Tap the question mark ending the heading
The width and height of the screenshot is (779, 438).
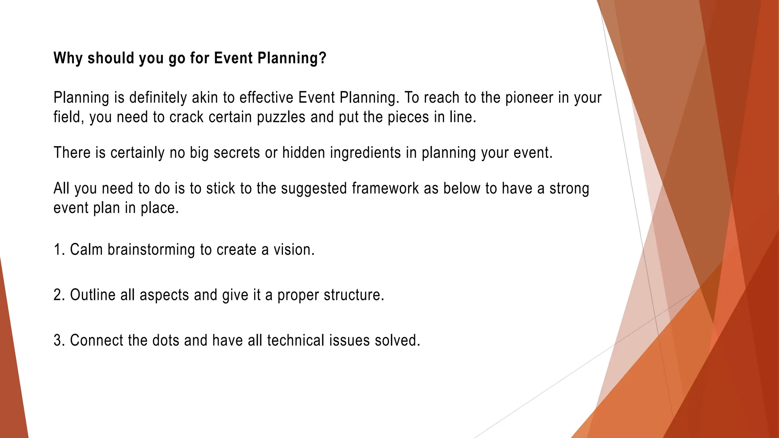click(x=323, y=58)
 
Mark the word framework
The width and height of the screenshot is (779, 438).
click(x=385, y=189)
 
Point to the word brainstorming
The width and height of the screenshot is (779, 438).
click(x=151, y=250)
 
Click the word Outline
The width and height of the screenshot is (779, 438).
click(x=92, y=295)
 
